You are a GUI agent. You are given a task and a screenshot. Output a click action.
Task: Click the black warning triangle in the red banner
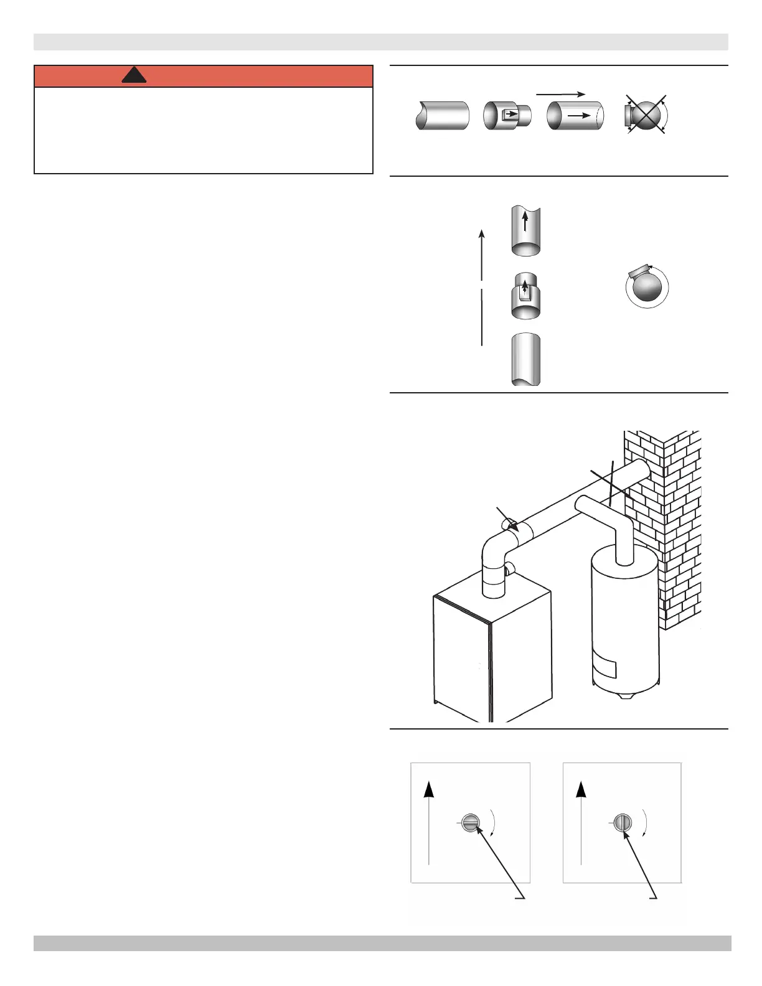click(134, 75)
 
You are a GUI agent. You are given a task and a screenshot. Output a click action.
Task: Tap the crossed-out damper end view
click(646, 115)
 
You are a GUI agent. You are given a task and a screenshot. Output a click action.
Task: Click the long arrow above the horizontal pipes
click(560, 94)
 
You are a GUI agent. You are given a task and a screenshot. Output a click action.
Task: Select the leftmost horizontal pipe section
click(442, 115)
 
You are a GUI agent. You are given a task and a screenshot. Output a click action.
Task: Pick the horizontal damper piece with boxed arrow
click(507, 115)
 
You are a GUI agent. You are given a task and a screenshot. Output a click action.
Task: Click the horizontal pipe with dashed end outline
click(575, 115)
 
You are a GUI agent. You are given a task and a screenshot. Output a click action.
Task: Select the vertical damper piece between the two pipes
click(525, 296)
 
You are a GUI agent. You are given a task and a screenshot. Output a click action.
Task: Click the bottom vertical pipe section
click(525, 359)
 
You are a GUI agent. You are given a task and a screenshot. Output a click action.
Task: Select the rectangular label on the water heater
click(604, 667)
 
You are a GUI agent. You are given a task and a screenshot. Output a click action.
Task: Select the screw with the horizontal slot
click(471, 823)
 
